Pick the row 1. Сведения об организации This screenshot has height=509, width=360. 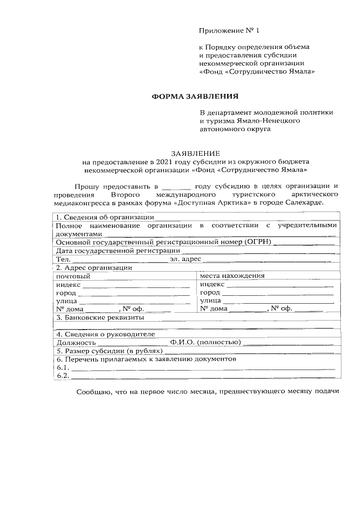[x=105, y=217]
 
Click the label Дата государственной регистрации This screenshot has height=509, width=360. [x=118, y=250]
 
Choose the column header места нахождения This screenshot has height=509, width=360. [x=232, y=276]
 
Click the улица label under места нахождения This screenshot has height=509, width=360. [x=210, y=301]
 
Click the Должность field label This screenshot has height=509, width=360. [x=76, y=342]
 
